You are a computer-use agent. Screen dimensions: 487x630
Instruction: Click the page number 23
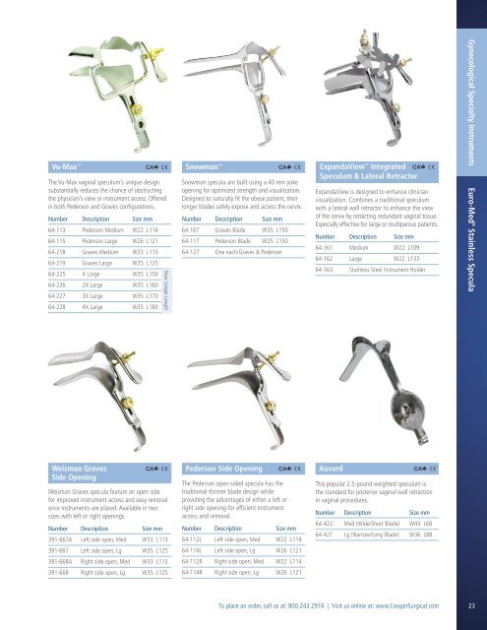(472, 604)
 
